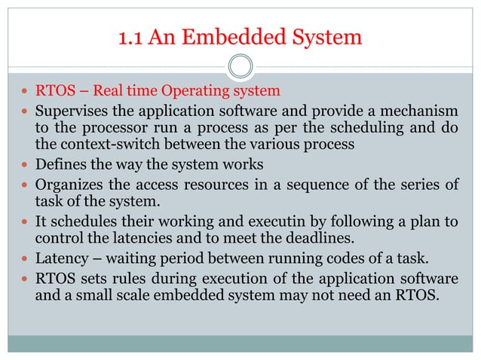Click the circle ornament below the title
[x=240, y=66]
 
